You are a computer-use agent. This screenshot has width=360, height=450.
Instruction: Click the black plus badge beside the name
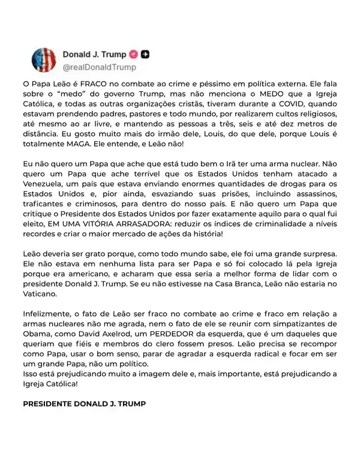pyautogui.click(x=146, y=55)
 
